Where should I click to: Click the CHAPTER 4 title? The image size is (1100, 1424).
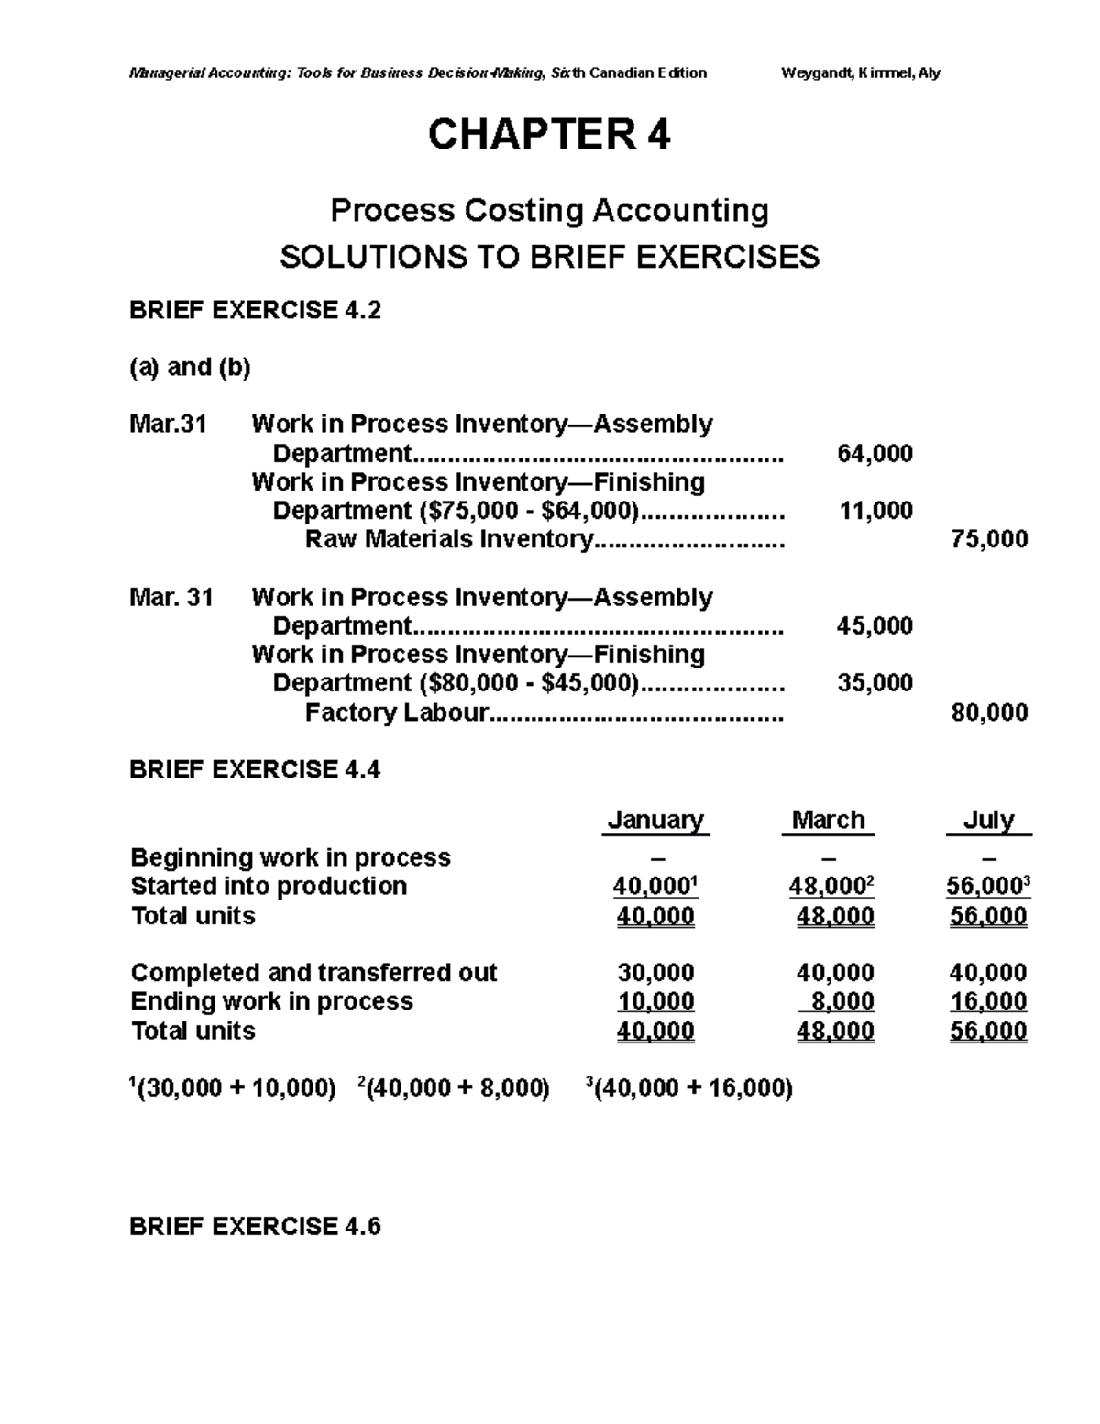point(549,136)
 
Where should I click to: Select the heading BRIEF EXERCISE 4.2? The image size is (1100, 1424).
point(255,311)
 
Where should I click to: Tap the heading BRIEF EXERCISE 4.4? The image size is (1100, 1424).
point(255,769)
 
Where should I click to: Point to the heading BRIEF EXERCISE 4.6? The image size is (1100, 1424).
point(255,1227)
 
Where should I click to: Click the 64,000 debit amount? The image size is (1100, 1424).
point(874,453)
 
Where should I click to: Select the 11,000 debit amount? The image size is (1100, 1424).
point(875,511)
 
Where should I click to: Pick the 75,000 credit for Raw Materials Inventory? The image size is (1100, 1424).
point(989,539)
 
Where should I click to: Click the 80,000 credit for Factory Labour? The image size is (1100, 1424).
point(989,712)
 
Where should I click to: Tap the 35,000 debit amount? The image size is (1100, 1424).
point(874,683)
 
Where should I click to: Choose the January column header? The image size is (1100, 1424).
point(655,820)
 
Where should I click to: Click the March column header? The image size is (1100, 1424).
point(828,820)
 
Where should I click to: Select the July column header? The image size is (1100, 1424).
point(988,820)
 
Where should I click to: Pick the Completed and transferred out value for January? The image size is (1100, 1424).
point(655,973)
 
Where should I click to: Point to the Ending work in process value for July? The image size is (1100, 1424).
point(988,1001)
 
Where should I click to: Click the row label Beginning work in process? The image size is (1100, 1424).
point(291,857)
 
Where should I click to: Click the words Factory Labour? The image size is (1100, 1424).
point(396,712)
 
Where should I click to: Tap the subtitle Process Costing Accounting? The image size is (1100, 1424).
point(549,211)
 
